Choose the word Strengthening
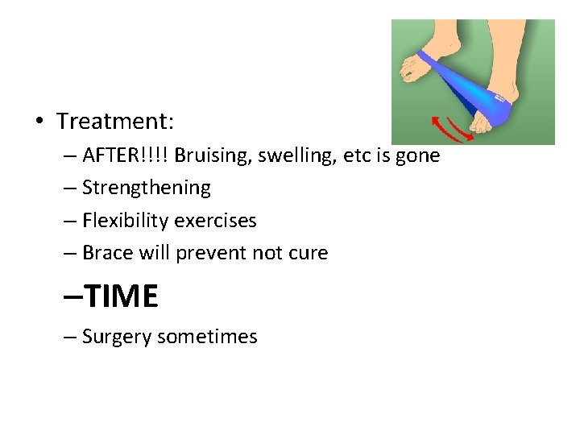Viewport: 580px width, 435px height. [146, 188]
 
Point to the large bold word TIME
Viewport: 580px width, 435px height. [121, 297]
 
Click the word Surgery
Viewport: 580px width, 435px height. [117, 337]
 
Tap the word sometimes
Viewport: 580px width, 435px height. [207, 337]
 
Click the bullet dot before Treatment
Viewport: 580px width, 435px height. [39, 122]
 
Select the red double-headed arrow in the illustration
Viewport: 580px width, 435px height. [449, 129]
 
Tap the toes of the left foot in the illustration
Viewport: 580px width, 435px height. [408, 68]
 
